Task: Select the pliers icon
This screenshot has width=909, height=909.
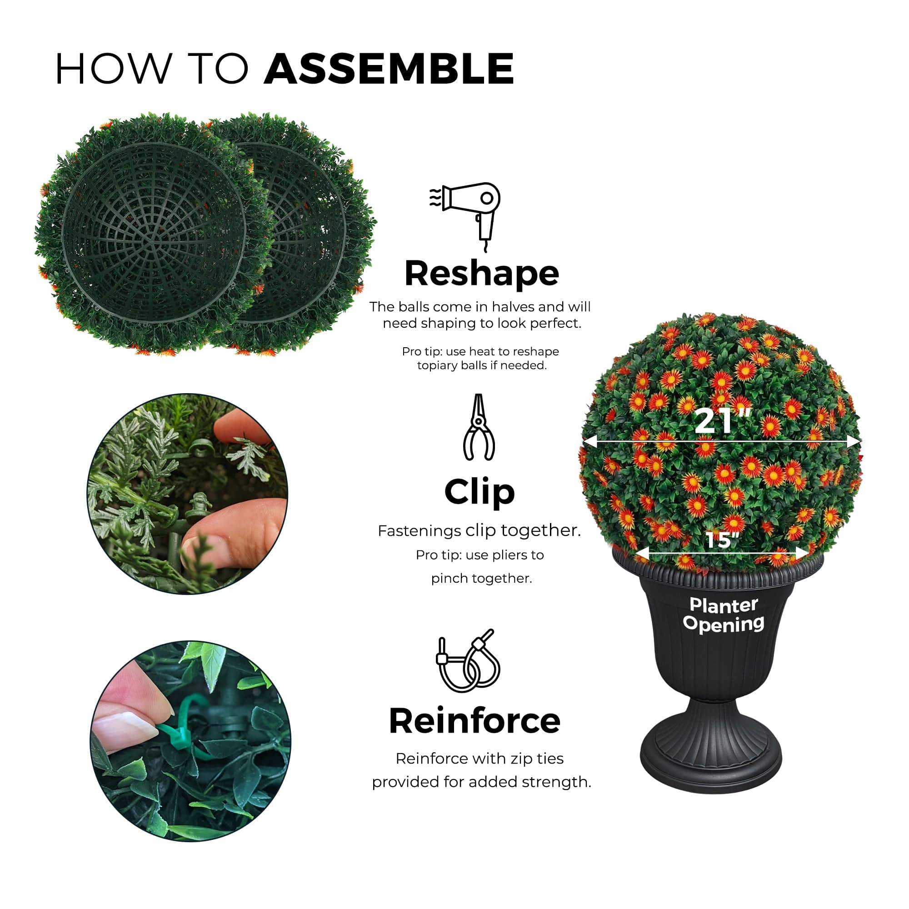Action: coord(479,427)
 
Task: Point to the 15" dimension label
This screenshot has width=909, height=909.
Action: coord(723,540)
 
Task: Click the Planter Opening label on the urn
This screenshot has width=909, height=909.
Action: coord(723,614)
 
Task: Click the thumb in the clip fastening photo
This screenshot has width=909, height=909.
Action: coord(235,532)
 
